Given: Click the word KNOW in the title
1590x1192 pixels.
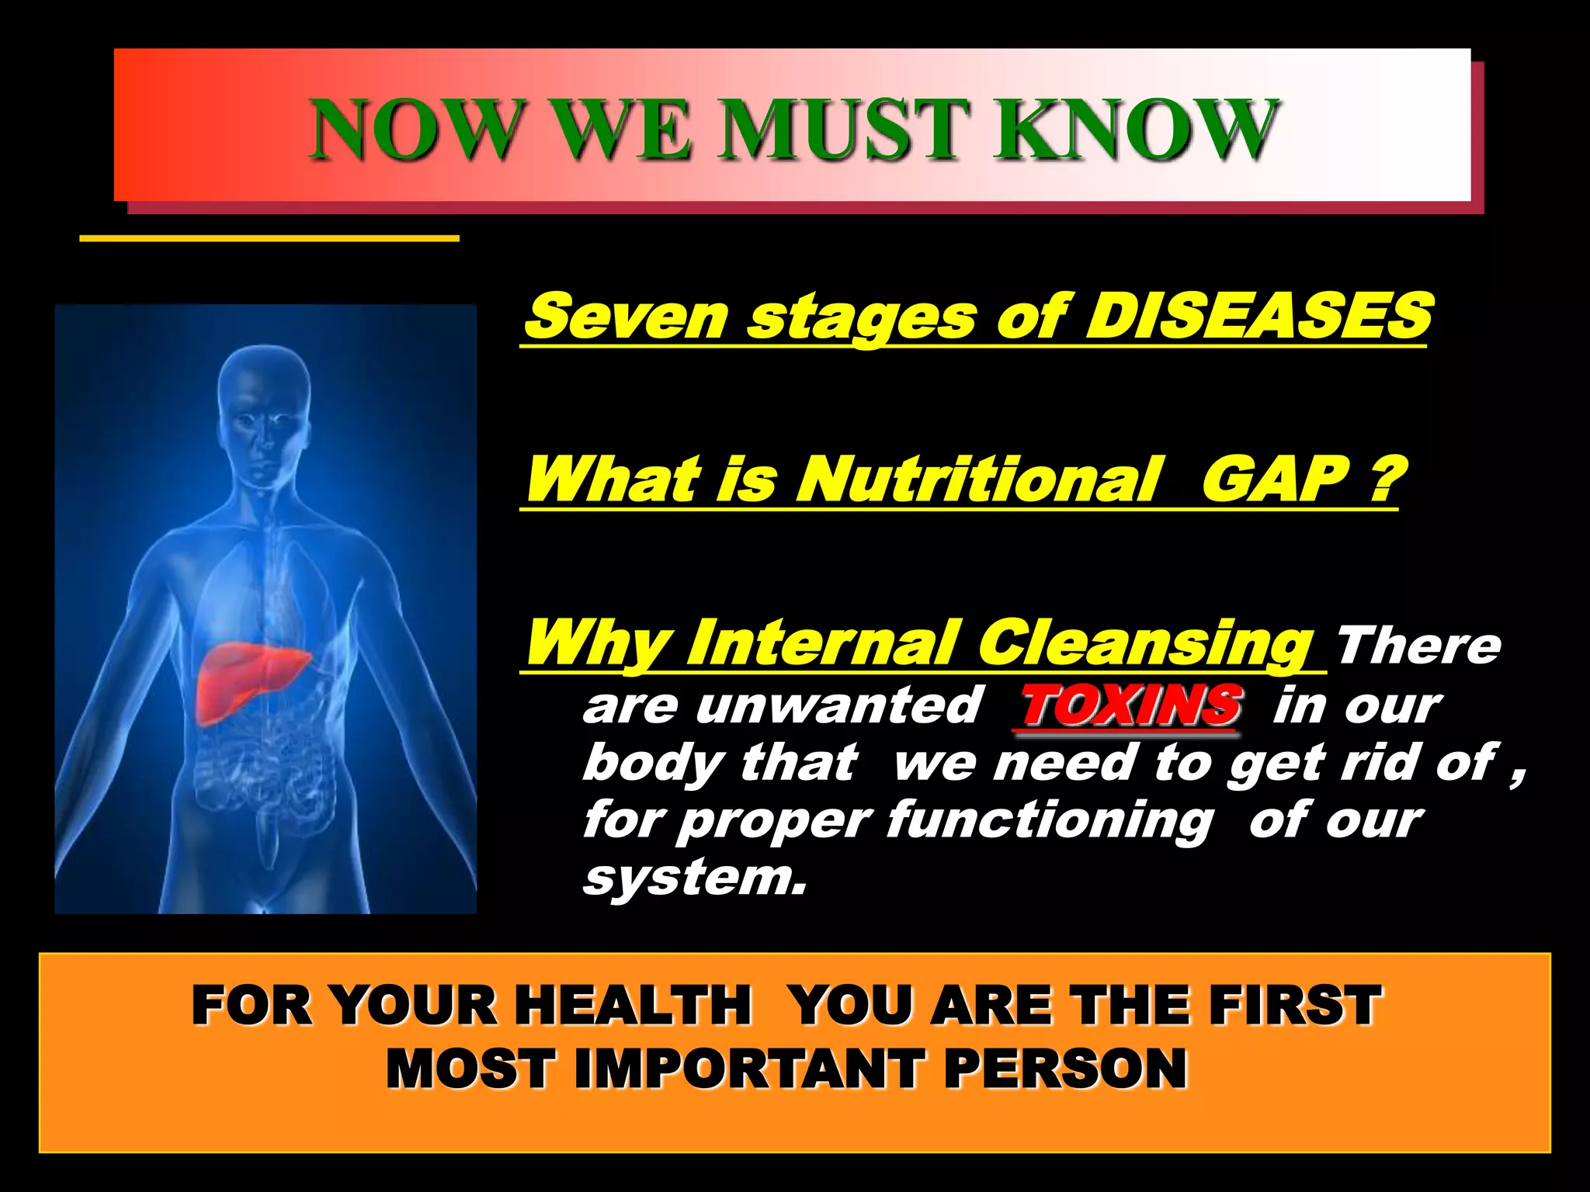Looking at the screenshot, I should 1135,130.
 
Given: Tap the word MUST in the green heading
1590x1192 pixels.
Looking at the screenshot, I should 842,130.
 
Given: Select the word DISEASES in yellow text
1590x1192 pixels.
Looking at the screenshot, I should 1258,317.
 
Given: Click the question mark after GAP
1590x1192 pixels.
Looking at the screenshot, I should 1383,480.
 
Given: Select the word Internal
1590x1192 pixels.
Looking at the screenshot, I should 823,643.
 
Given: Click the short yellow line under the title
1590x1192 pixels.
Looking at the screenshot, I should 269,238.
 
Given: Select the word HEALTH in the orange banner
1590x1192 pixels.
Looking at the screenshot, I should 633,1005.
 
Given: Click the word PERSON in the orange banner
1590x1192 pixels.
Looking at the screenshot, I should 1065,1069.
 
